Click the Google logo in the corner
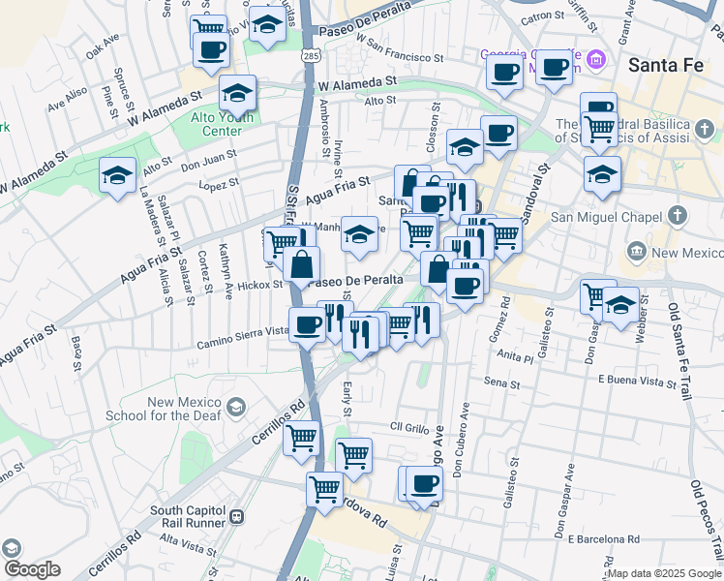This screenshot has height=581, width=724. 31,569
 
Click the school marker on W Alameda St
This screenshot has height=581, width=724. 237,93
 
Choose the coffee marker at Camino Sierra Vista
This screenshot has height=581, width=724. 308,324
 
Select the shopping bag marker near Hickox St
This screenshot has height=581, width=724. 302,262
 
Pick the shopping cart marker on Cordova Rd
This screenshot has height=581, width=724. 324,489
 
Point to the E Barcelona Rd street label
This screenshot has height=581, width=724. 603,538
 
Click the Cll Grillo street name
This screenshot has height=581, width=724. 408,427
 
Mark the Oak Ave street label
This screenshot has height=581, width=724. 102,46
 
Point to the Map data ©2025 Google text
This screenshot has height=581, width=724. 664,573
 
